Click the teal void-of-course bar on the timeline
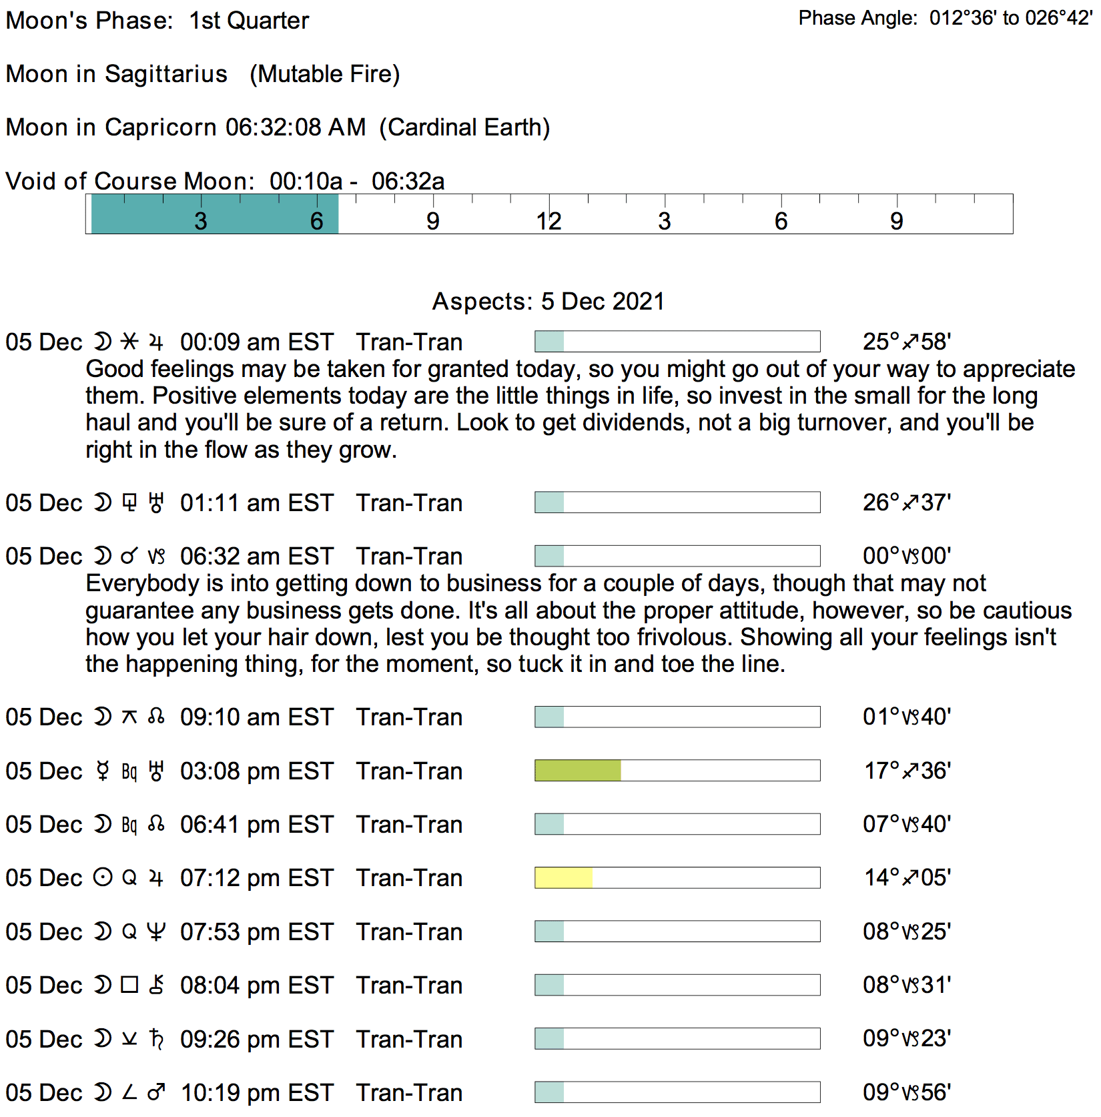click(x=215, y=214)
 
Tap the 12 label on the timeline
click(x=548, y=222)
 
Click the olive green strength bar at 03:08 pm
click(x=578, y=771)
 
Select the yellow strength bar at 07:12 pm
click(x=563, y=877)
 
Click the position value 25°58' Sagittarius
click(x=906, y=342)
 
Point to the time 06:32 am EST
click(x=256, y=556)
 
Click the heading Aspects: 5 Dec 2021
click(x=548, y=302)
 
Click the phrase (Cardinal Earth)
click(x=464, y=127)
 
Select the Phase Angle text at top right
click(x=945, y=18)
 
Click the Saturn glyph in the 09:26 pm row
click(x=156, y=1039)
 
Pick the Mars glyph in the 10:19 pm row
click(x=156, y=1092)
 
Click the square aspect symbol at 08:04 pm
click(x=129, y=985)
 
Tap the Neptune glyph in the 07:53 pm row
click(x=156, y=932)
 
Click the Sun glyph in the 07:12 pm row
click(x=103, y=877)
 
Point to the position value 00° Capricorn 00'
click(x=906, y=556)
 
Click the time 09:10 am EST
click(x=256, y=717)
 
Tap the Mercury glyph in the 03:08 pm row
click(x=103, y=771)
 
